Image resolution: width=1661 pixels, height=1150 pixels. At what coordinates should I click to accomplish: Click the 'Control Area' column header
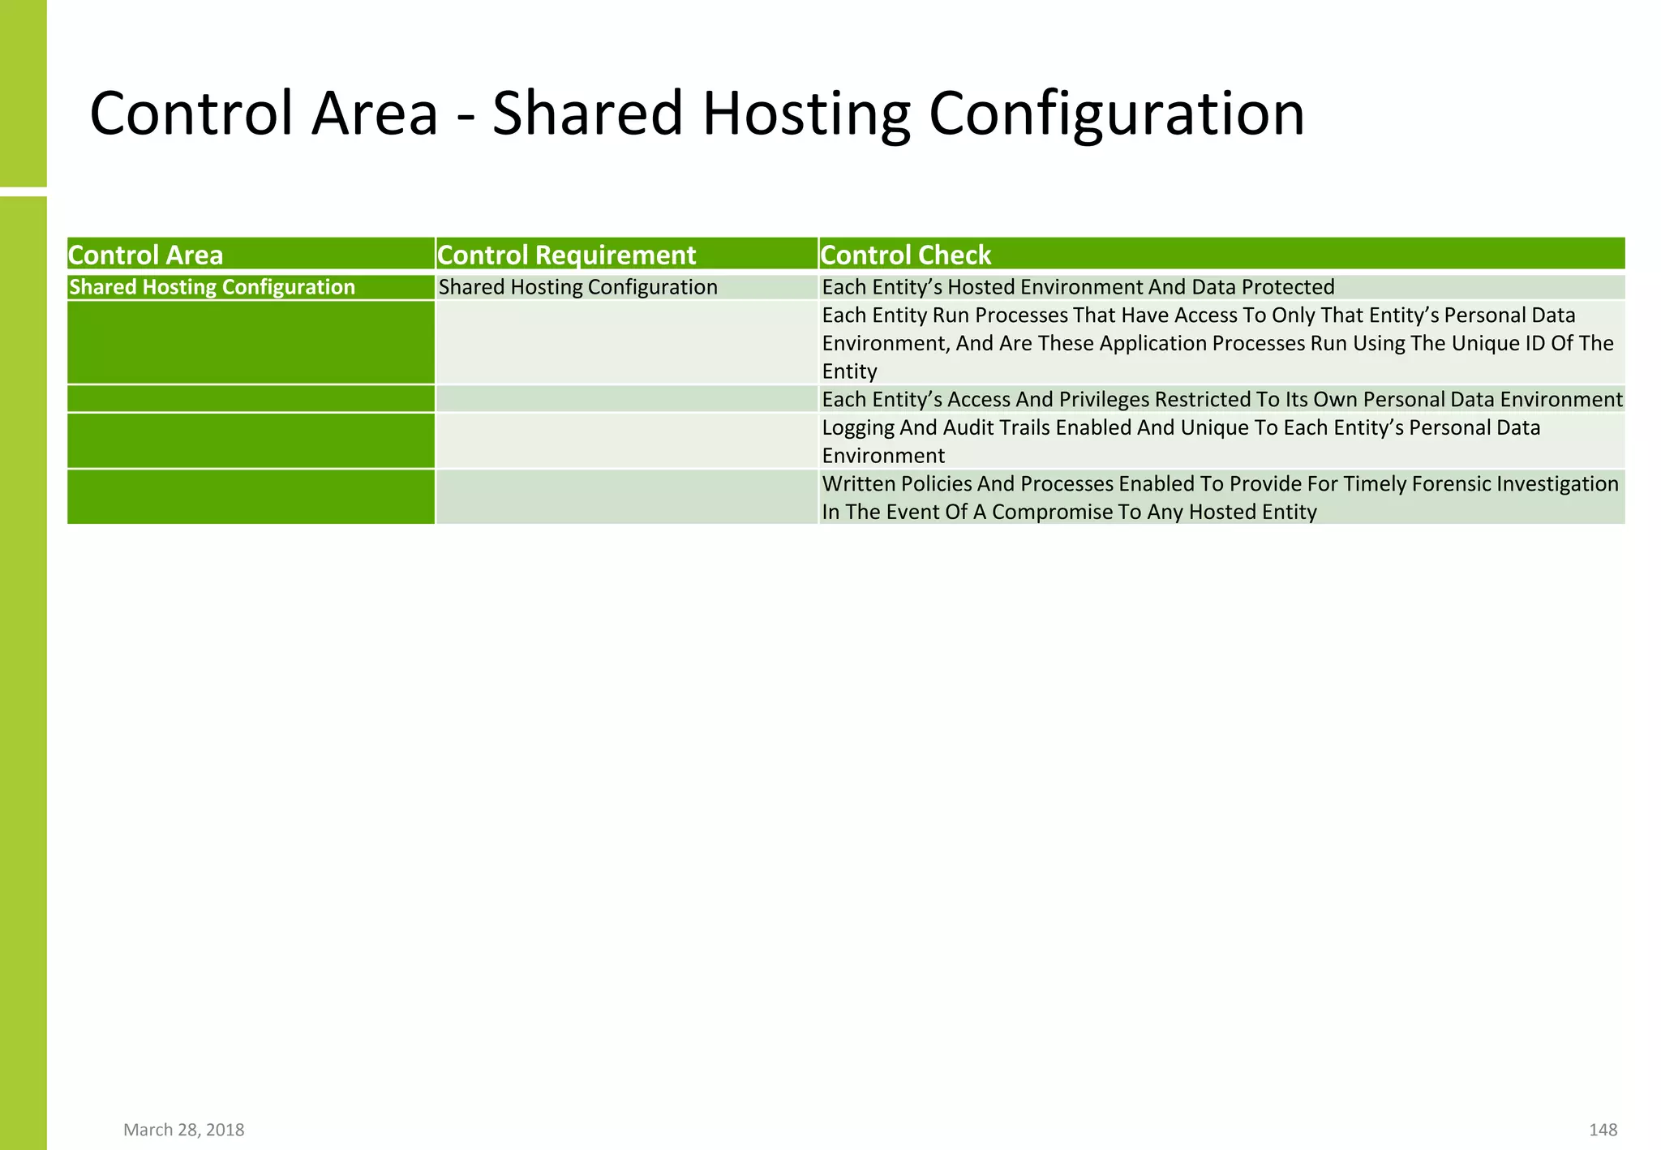tap(145, 255)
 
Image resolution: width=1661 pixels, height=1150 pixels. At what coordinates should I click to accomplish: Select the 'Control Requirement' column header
tap(566, 255)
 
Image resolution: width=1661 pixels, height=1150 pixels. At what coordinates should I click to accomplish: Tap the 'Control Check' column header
tap(905, 255)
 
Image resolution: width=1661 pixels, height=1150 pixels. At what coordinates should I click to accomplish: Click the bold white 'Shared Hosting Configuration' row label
tap(212, 287)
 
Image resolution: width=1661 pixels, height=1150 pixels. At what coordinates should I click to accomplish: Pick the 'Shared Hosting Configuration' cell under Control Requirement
tap(577, 287)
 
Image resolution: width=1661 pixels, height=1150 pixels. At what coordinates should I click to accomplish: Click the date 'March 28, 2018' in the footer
tap(183, 1130)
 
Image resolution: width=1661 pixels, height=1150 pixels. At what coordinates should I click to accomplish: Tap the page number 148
tap(1603, 1130)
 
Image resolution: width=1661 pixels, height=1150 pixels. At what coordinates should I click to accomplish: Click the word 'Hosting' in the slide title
tap(806, 114)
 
